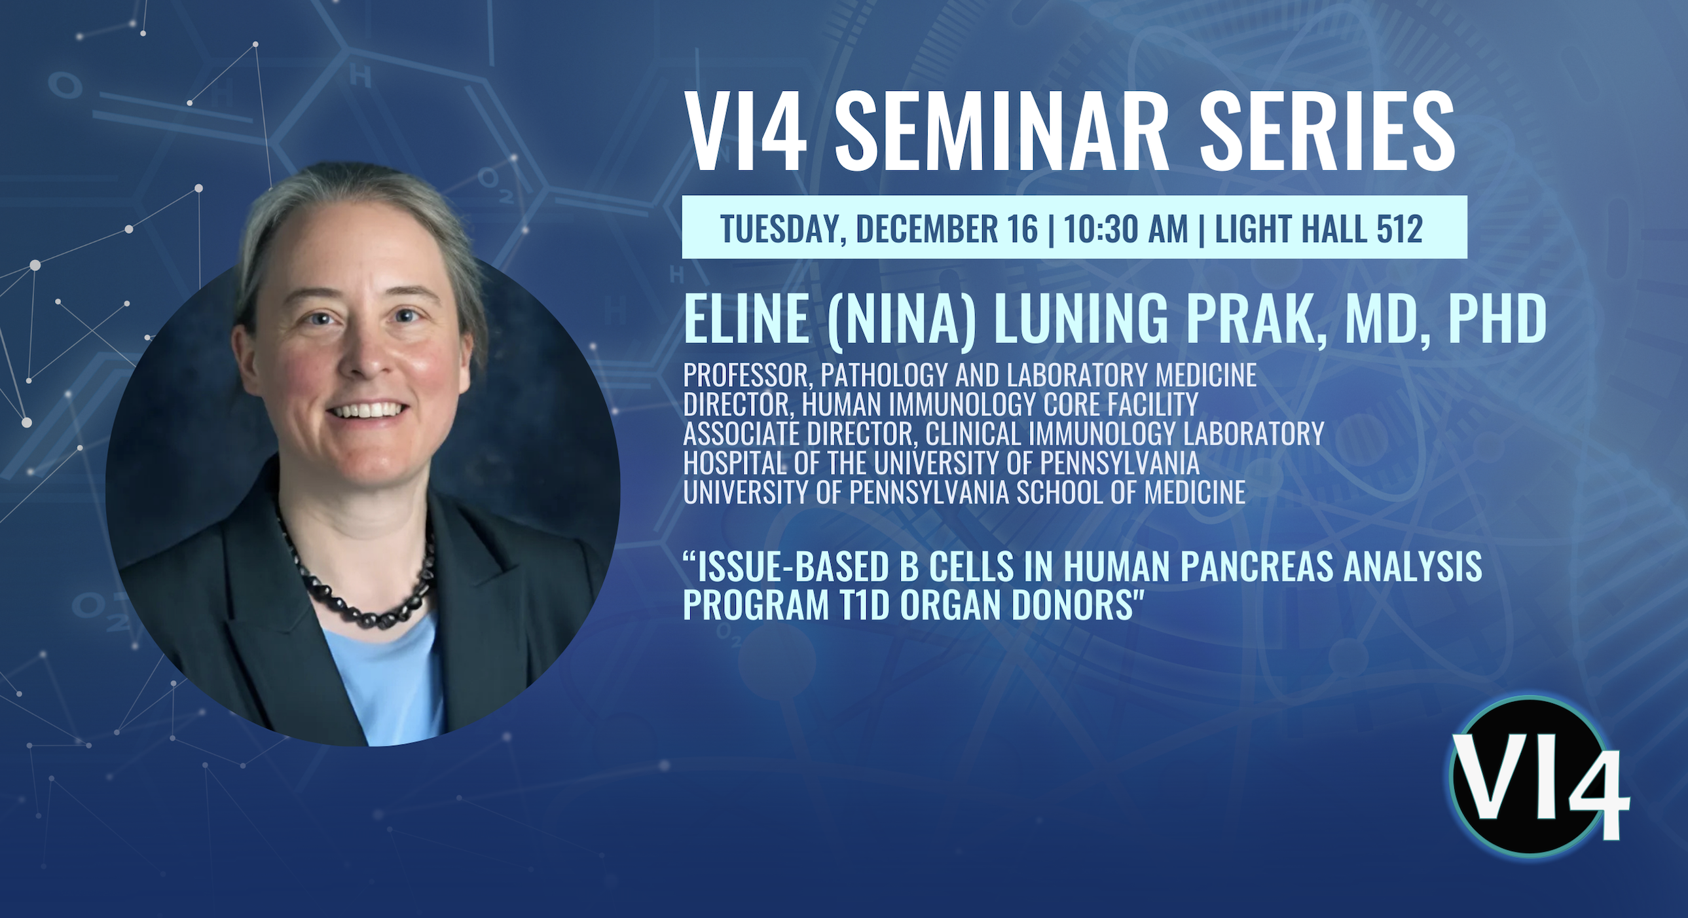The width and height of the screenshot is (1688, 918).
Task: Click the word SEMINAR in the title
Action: [x=1002, y=132]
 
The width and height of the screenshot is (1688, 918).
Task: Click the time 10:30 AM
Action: [x=1126, y=229]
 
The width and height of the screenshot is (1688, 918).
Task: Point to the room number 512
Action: [x=1399, y=229]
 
